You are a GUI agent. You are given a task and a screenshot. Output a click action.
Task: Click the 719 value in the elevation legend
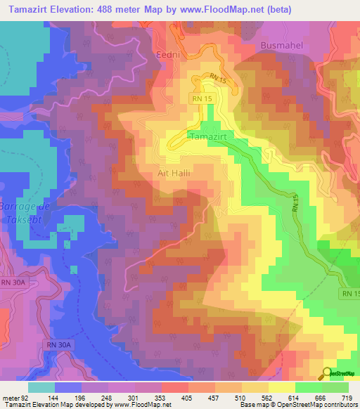(x=348, y=397)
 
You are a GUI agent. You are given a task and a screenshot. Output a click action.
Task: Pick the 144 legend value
(x=53, y=397)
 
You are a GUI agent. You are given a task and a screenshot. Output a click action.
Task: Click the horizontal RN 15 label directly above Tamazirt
(x=202, y=100)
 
